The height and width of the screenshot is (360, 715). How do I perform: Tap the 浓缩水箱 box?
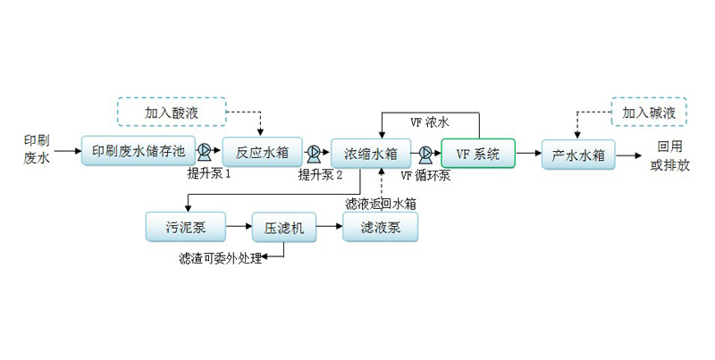(370, 153)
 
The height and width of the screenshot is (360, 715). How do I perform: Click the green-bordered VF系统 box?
(478, 154)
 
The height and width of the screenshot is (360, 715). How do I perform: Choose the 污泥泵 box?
(186, 227)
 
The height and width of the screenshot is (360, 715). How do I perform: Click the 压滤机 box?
(283, 228)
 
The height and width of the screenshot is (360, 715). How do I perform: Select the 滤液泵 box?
(380, 228)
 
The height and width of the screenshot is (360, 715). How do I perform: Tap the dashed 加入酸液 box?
(172, 113)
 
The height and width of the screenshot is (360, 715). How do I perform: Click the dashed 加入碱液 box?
(649, 113)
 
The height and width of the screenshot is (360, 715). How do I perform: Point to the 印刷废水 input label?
(37, 148)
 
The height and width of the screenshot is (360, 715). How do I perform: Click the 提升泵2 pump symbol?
(314, 152)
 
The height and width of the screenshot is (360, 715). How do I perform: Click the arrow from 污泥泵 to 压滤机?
(239, 227)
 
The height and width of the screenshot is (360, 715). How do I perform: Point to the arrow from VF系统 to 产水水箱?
(528, 155)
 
